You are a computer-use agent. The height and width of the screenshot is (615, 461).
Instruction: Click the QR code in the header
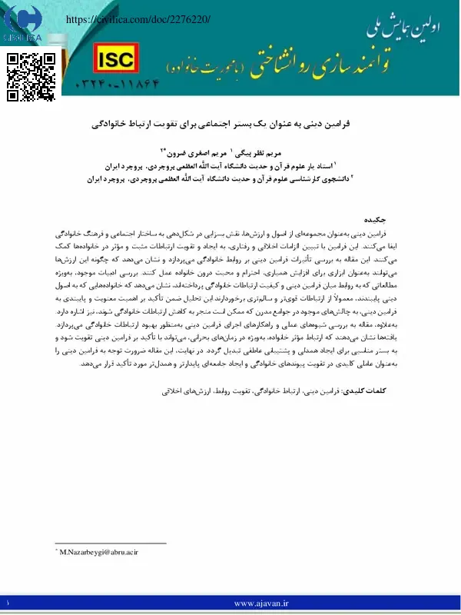31,76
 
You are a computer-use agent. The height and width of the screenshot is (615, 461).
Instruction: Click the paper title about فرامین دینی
230,123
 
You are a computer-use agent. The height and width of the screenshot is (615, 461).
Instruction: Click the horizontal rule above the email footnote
111,544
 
